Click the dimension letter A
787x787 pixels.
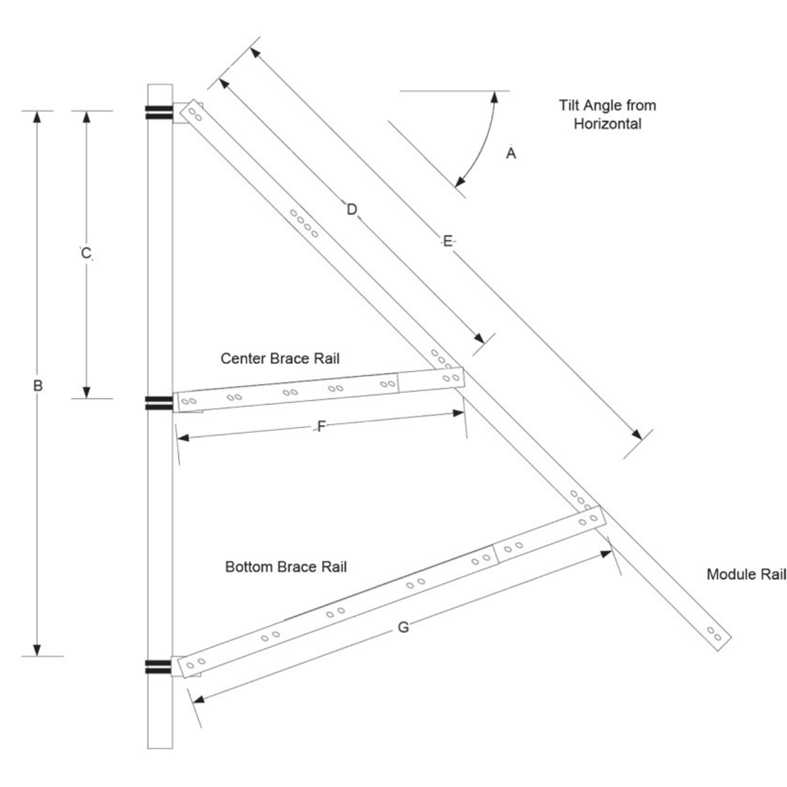(x=511, y=153)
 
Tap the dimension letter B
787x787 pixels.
(x=38, y=385)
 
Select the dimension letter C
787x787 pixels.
(x=85, y=253)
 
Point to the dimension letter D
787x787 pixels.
(x=352, y=210)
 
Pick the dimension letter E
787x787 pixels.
(x=448, y=241)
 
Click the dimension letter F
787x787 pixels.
(x=322, y=426)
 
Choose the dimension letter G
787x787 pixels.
(x=403, y=627)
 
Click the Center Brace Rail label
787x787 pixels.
(x=280, y=358)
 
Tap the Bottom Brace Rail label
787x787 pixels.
(x=286, y=567)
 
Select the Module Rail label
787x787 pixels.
(x=746, y=575)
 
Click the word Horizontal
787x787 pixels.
(x=607, y=124)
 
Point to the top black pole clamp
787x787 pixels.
(x=159, y=113)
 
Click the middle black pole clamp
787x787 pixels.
(x=159, y=403)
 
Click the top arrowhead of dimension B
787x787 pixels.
(x=37, y=116)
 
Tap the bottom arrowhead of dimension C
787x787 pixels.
(x=86, y=392)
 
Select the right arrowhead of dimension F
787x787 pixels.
(x=459, y=413)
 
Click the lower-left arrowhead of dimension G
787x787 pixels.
(x=198, y=700)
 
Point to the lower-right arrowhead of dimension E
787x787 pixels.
(x=637, y=435)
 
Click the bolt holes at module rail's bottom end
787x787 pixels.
(x=714, y=634)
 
